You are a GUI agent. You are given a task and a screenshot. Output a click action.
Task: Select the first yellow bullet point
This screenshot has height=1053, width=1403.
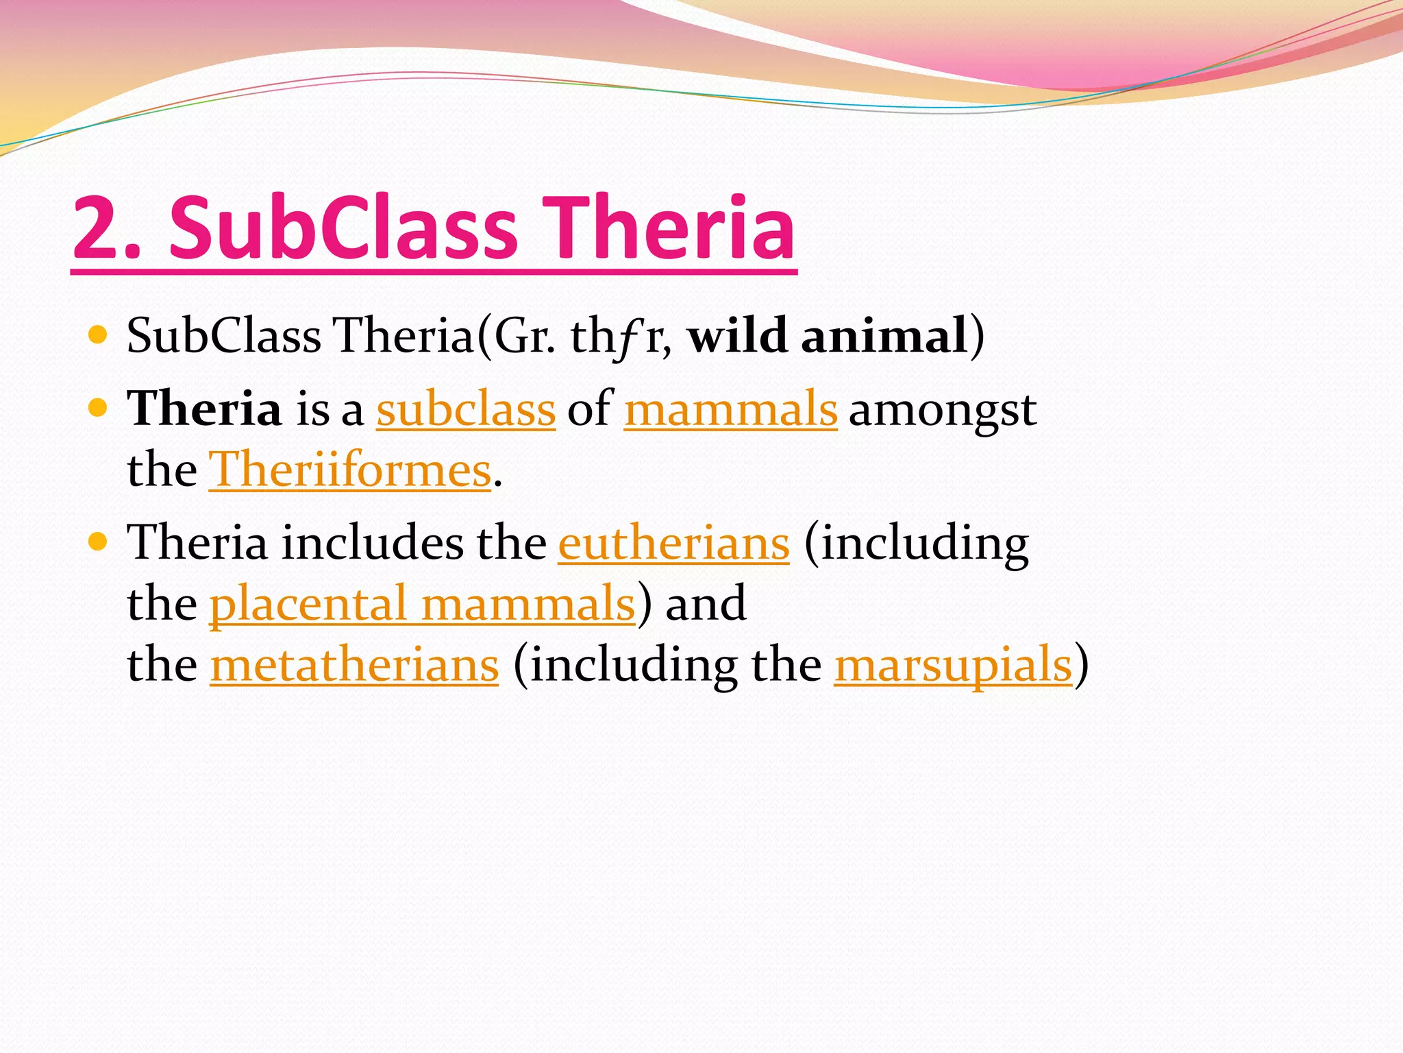click(99, 335)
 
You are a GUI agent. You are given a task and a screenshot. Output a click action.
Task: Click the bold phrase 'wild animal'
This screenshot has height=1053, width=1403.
click(827, 336)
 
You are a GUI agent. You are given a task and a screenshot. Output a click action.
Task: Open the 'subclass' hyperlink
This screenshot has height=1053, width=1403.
click(465, 409)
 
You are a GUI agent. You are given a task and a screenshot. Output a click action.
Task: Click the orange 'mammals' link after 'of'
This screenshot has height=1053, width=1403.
click(730, 409)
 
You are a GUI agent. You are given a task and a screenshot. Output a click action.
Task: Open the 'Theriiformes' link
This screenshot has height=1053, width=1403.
click(349, 470)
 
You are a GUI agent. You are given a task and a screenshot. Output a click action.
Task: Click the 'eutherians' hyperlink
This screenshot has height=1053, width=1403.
click(673, 544)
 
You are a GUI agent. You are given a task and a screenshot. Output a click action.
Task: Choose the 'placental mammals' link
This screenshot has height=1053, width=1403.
click(422, 604)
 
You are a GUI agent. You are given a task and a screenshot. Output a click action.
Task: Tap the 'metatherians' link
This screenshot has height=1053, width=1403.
click(354, 665)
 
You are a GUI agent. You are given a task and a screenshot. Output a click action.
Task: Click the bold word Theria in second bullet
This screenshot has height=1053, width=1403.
click(204, 409)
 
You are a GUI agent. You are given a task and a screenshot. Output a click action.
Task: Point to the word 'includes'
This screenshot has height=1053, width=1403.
click(372, 543)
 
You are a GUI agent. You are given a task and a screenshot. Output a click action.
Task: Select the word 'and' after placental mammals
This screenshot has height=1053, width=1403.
click(706, 604)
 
